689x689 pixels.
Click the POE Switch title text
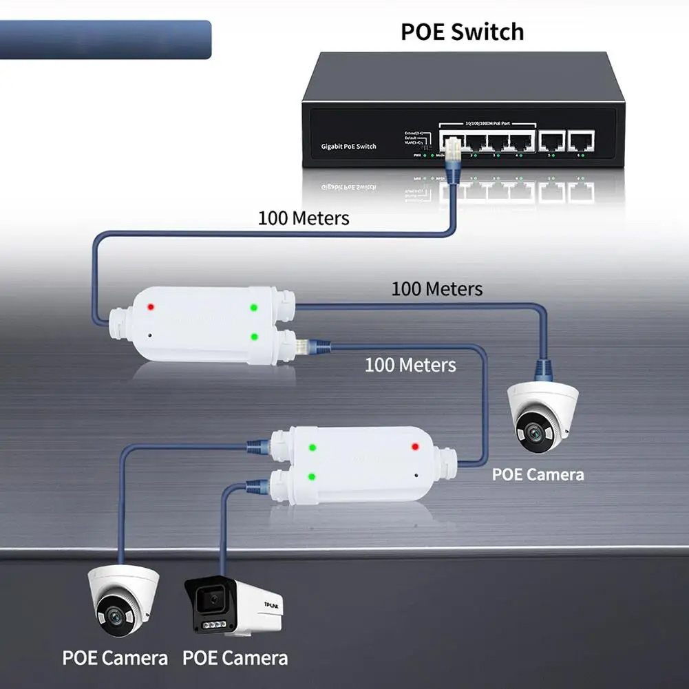463,32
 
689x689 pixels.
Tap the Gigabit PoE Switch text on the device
348,146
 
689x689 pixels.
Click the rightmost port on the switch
580,142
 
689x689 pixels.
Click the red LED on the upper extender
150,306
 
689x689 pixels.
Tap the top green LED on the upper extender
254,307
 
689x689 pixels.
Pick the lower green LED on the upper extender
255,337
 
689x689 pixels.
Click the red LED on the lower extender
415,447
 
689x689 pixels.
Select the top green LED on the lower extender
312,447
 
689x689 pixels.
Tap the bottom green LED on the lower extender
312,476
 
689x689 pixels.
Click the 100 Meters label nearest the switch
304,218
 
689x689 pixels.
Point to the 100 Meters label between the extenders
410,364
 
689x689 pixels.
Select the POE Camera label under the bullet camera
235,657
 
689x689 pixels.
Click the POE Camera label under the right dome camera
538,474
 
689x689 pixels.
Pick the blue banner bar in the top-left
105,39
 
